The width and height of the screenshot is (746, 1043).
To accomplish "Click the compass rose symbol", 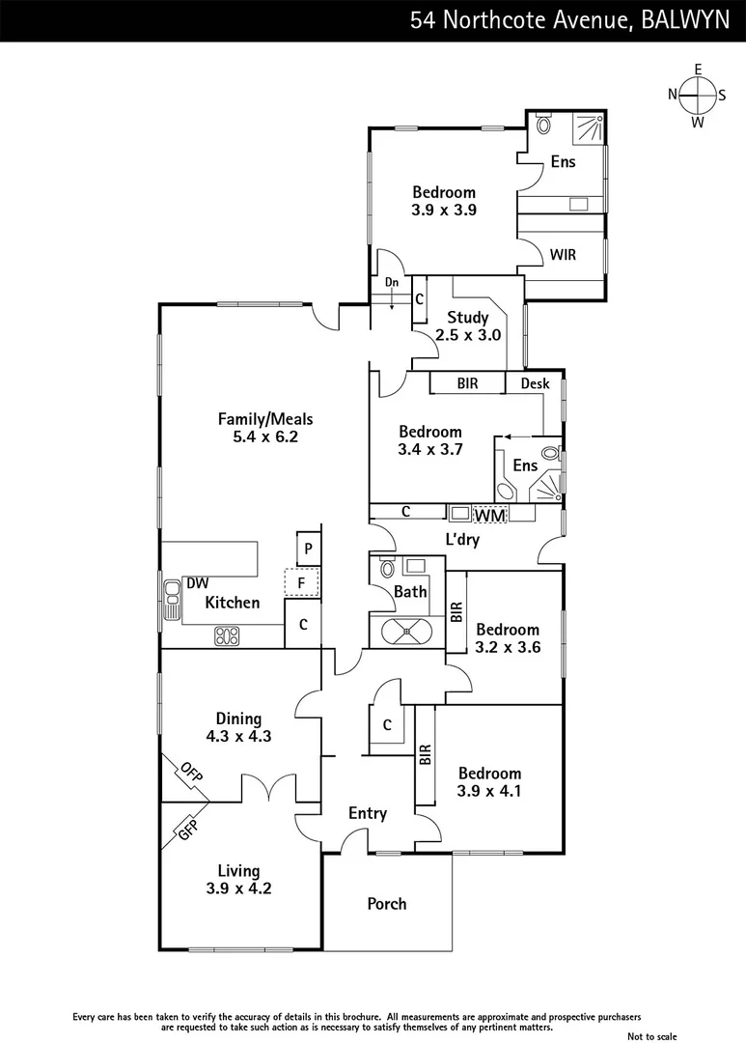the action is (698, 95).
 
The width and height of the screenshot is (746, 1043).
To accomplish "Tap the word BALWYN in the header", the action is (684, 20).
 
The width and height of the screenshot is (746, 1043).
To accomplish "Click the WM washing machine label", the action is (490, 515).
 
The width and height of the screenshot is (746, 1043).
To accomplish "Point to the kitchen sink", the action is (172, 600).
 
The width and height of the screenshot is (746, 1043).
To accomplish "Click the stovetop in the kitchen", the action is (227, 635).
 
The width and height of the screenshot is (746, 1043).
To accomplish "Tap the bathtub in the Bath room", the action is (401, 632).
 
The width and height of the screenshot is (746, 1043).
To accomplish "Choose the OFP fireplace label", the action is (190, 772).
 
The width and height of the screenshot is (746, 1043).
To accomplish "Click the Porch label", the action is (386, 903).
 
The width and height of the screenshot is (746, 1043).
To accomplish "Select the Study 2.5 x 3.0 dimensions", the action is (468, 334).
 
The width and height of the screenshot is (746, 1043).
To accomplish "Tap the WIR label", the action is (563, 255).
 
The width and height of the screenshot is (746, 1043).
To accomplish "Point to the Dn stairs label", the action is (392, 282).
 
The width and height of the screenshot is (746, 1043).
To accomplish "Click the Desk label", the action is (536, 383).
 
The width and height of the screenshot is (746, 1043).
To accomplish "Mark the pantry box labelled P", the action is (308, 549).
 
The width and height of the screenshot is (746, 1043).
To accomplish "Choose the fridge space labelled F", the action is (302, 582).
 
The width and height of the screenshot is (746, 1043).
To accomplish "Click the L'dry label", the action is (462, 540).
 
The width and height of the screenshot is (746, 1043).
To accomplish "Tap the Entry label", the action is (368, 813).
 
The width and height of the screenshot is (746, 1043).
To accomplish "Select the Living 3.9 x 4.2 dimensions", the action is (238, 888).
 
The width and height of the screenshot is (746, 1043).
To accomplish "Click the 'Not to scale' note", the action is (652, 1036).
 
